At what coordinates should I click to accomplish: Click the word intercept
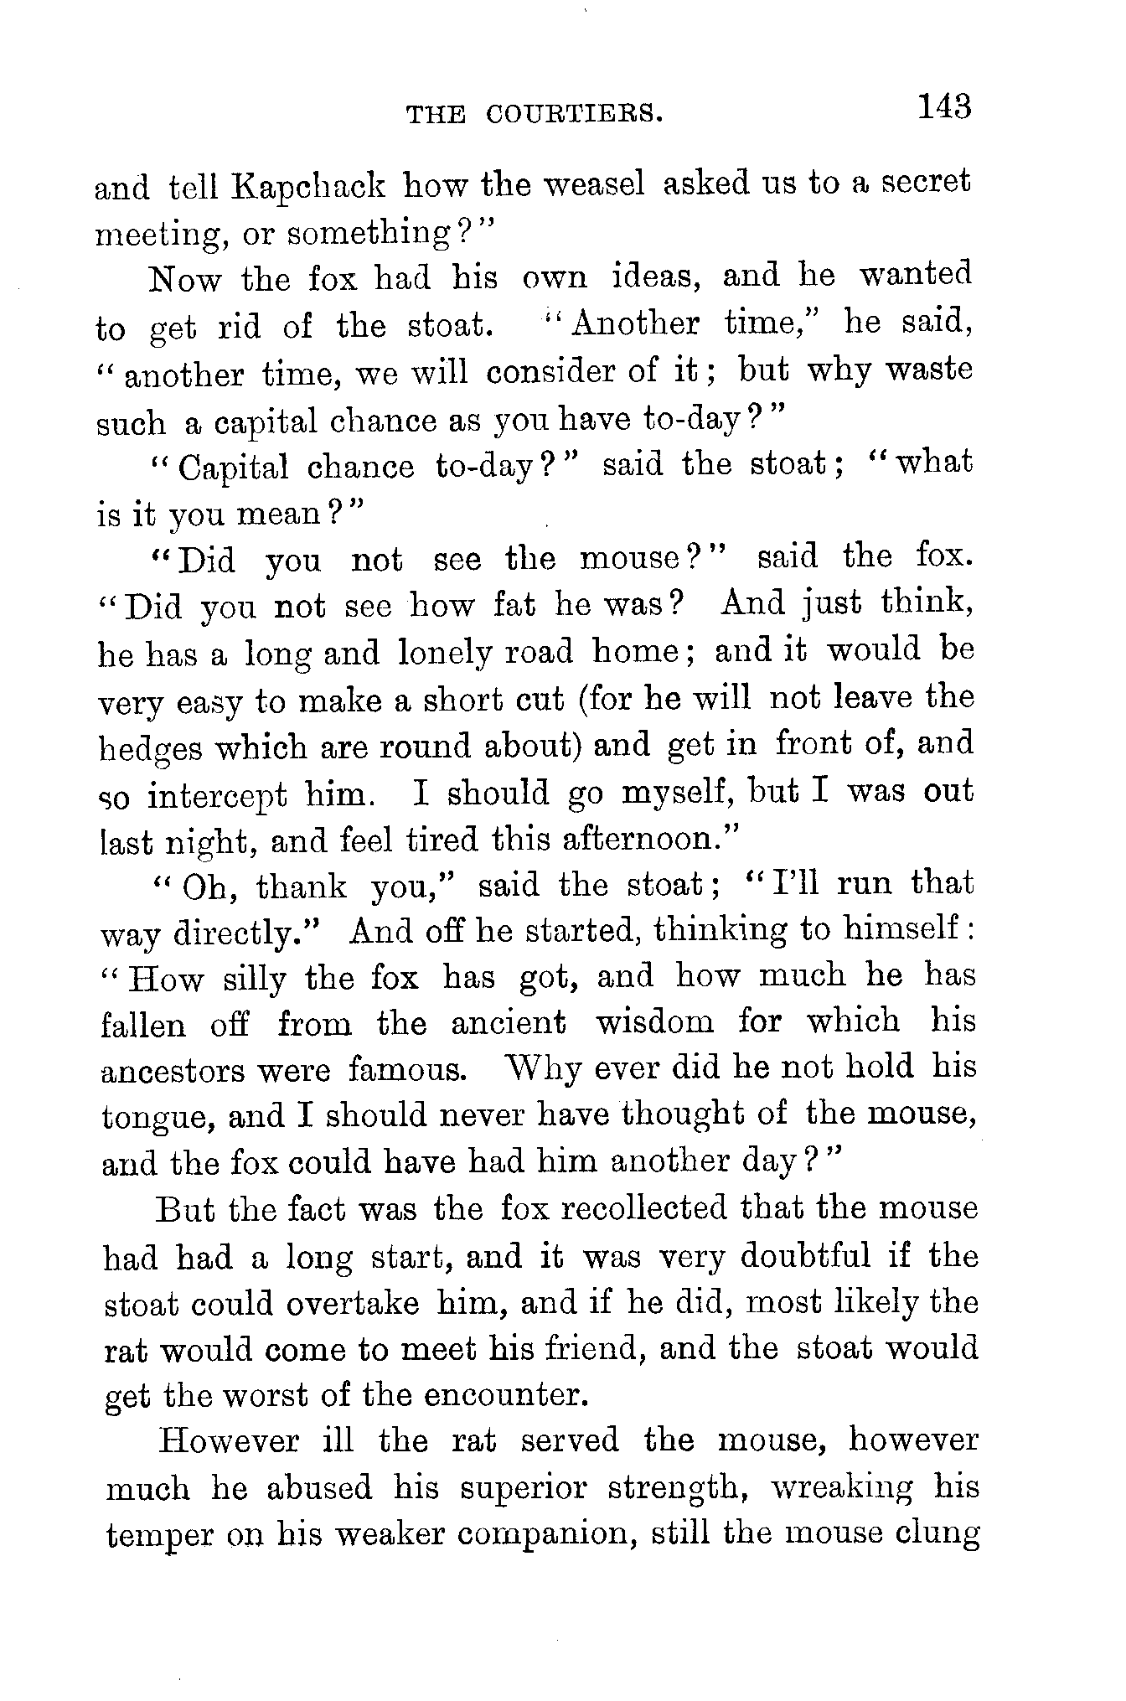coord(217,795)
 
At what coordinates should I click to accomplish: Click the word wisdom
coord(655,1023)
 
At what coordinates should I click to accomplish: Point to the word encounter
coord(512,1395)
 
